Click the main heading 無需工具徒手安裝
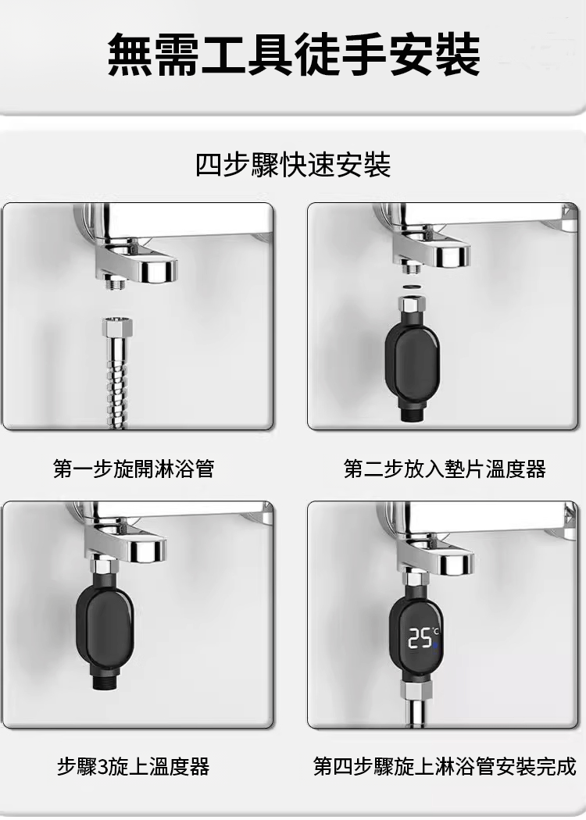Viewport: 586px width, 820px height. pos(294,55)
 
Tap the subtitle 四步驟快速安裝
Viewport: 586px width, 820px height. pos(293,165)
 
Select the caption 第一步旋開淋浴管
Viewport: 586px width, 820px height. pos(134,468)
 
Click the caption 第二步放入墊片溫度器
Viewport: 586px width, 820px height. pos(445,469)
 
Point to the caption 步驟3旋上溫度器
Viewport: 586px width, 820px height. pos(134,766)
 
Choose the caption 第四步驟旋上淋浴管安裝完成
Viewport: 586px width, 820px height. pos(445,766)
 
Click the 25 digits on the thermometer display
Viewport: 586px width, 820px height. pos(420,638)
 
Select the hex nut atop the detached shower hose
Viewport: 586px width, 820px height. pos(117,328)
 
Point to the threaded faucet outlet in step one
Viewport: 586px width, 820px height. pos(115,283)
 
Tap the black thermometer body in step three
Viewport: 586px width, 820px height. pos(104,623)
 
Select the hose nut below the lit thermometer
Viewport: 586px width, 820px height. pos(416,690)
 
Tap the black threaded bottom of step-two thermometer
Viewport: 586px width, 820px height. pos(413,412)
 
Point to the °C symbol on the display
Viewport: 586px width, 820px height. pos(436,632)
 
